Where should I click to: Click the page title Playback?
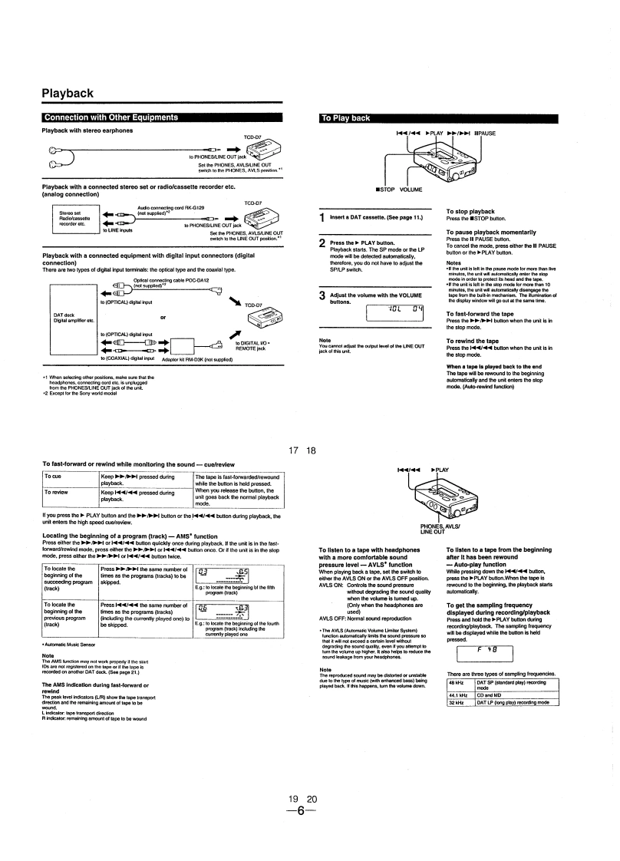coord(68,94)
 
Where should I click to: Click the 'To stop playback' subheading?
coord(470,211)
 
